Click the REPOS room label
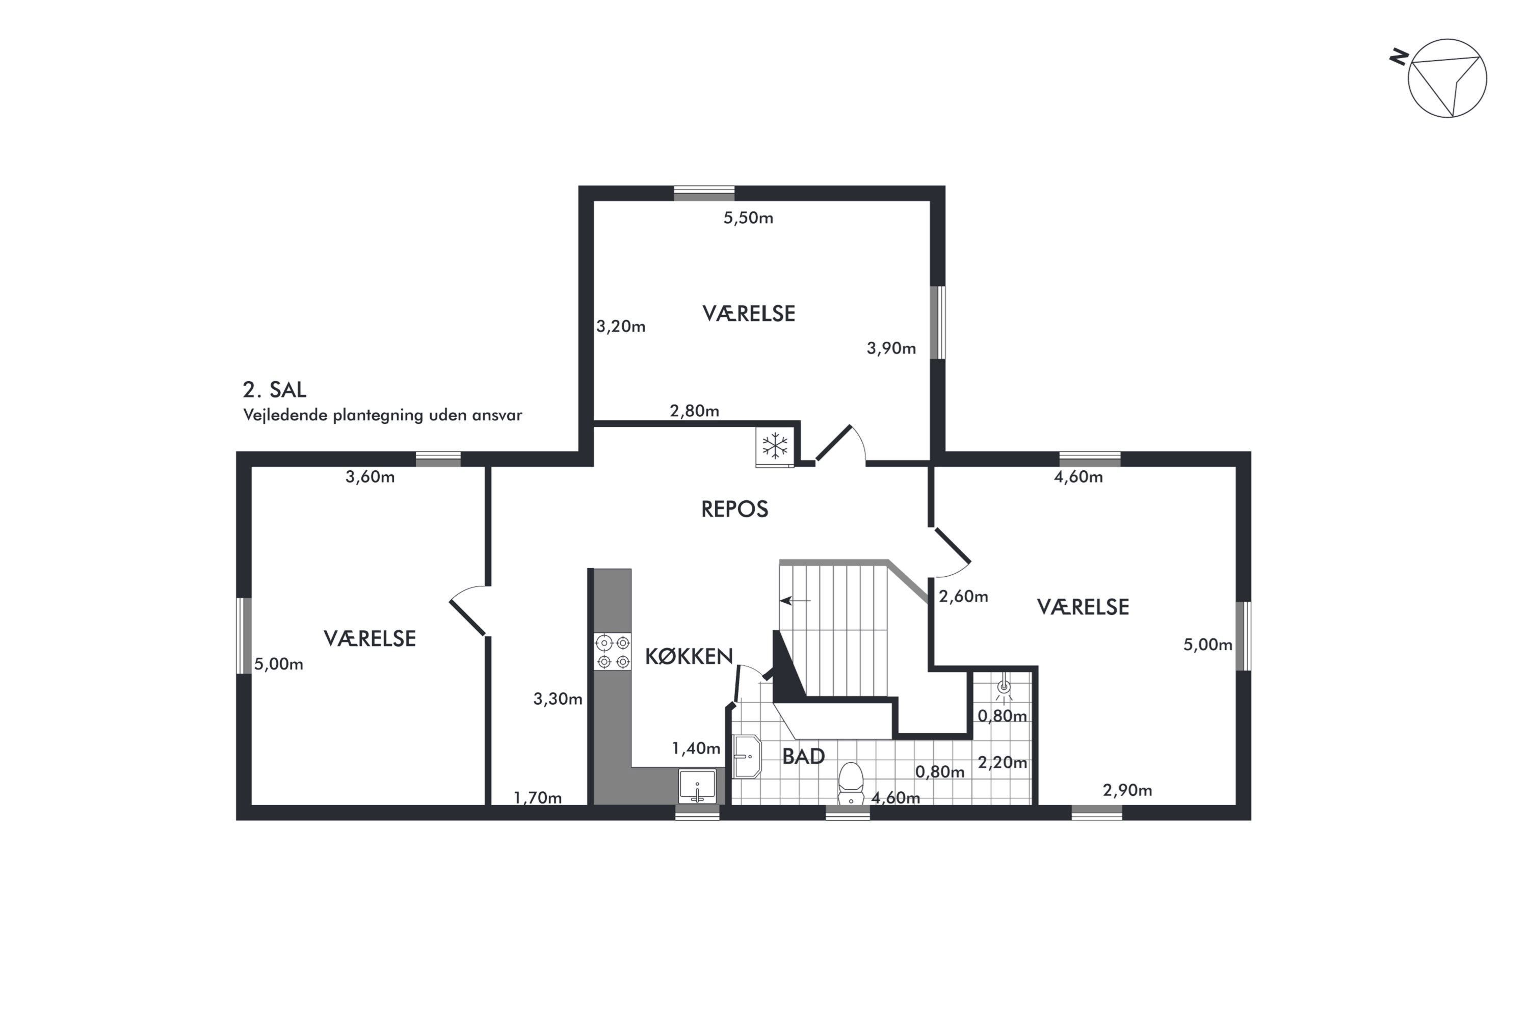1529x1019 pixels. coord(734,509)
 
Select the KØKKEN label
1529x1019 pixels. coord(689,656)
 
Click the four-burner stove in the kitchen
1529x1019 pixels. coord(613,652)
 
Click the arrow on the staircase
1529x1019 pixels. coord(795,601)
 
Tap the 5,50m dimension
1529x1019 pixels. coord(748,218)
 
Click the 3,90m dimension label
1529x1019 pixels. coord(891,348)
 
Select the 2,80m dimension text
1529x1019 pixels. coord(694,411)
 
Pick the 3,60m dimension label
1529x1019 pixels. coord(370,477)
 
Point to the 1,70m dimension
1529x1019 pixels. coord(538,797)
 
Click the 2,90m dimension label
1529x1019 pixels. coord(1127,790)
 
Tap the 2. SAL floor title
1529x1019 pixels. coord(274,389)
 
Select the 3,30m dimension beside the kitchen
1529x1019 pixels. coord(558,699)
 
